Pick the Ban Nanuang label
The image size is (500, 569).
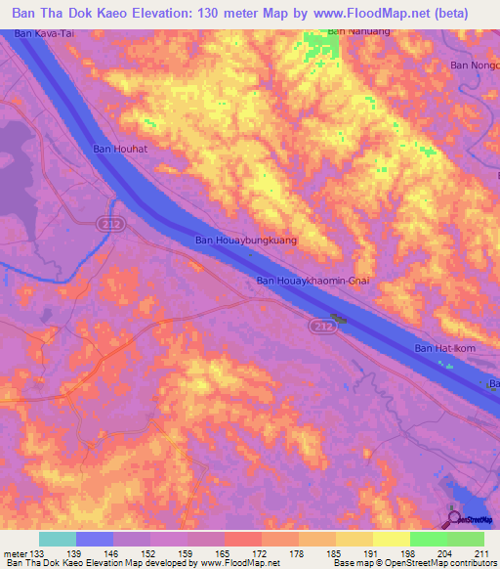[350, 31]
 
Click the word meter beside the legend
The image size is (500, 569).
[14, 552]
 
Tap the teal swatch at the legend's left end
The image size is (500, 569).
[57, 539]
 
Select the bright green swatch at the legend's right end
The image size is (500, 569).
[465, 539]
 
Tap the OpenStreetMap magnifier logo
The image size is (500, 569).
[454, 518]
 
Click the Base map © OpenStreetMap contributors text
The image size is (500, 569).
[422, 563]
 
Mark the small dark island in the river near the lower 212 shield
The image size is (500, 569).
[340, 318]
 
